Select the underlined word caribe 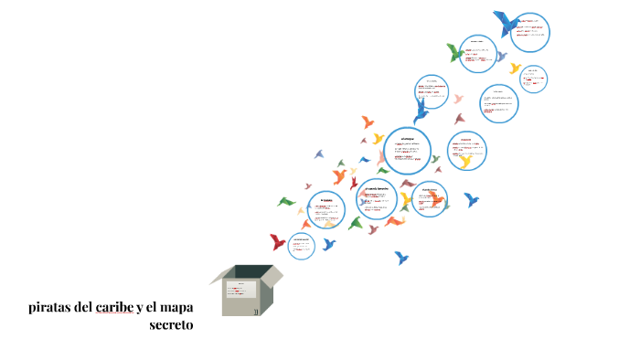pyautogui.click(x=113, y=307)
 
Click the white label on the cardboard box pyautogui.click(x=242, y=289)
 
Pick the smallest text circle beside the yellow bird pyautogui.click(x=535, y=79)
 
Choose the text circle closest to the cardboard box pyautogui.click(x=302, y=245)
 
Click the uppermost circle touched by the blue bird pyautogui.click(x=530, y=33)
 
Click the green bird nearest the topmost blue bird pyautogui.click(x=454, y=52)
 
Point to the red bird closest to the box pyautogui.click(x=278, y=241)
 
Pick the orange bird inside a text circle pyautogui.click(x=437, y=199)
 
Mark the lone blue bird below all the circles pyautogui.click(x=400, y=258)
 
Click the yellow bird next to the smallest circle pyautogui.click(x=515, y=68)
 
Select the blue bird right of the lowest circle pyautogui.click(x=328, y=244)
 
